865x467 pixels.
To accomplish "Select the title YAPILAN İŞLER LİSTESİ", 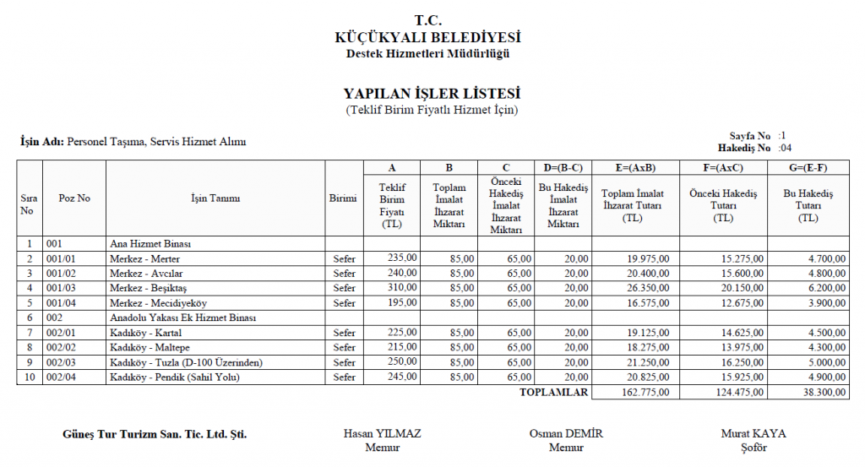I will [432, 94].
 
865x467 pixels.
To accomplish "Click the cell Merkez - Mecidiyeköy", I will [158, 302].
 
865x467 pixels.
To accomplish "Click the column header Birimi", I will [343, 198].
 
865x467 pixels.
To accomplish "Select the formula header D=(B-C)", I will [563, 167].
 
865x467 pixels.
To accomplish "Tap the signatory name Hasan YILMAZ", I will [382, 434].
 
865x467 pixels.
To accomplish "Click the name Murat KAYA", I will [753, 434].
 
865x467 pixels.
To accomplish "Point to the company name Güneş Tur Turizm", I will [155, 435].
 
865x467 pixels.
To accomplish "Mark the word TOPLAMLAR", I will [553, 392].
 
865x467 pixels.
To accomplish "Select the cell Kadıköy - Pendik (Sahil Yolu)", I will [175, 377].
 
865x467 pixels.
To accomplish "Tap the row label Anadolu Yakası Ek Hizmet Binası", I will [182, 318].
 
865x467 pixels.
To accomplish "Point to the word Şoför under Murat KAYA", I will [753, 448].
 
